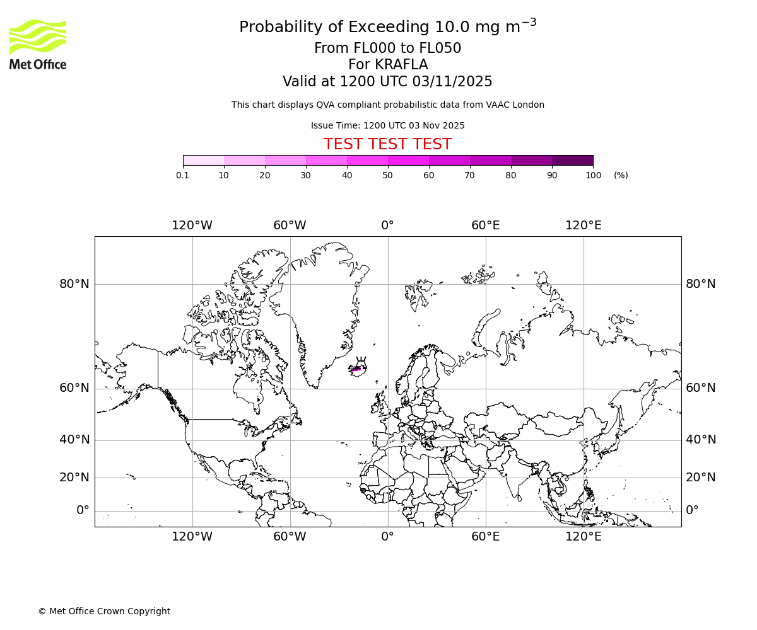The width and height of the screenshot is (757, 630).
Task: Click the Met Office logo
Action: coord(38,44)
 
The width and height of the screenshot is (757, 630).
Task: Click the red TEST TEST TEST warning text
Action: coord(387,145)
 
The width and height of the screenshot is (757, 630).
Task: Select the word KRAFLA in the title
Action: coord(402,65)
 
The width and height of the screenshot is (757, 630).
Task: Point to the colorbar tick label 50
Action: coord(387,175)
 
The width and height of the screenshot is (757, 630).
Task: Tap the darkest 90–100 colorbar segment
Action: coord(572,160)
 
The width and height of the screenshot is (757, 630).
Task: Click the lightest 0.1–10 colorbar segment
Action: coord(203,160)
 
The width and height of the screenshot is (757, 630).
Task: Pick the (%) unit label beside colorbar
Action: coord(621,175)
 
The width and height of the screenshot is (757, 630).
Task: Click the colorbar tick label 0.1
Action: coord(183,175)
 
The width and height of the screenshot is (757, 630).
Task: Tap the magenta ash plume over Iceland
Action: coord(357,369)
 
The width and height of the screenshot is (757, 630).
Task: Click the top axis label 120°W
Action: coord(192,226)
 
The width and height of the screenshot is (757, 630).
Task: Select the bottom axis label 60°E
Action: coord(485,537)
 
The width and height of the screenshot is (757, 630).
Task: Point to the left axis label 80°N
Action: coord(74,284)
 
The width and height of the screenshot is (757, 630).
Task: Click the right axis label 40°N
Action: coord(701,440)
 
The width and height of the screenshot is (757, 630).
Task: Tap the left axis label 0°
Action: coord(83,510)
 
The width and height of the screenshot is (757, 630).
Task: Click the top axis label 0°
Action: coord(387,226)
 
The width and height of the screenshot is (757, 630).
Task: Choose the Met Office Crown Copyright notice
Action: coord(104,611)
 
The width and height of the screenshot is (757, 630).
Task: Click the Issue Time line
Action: coord(387,125)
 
